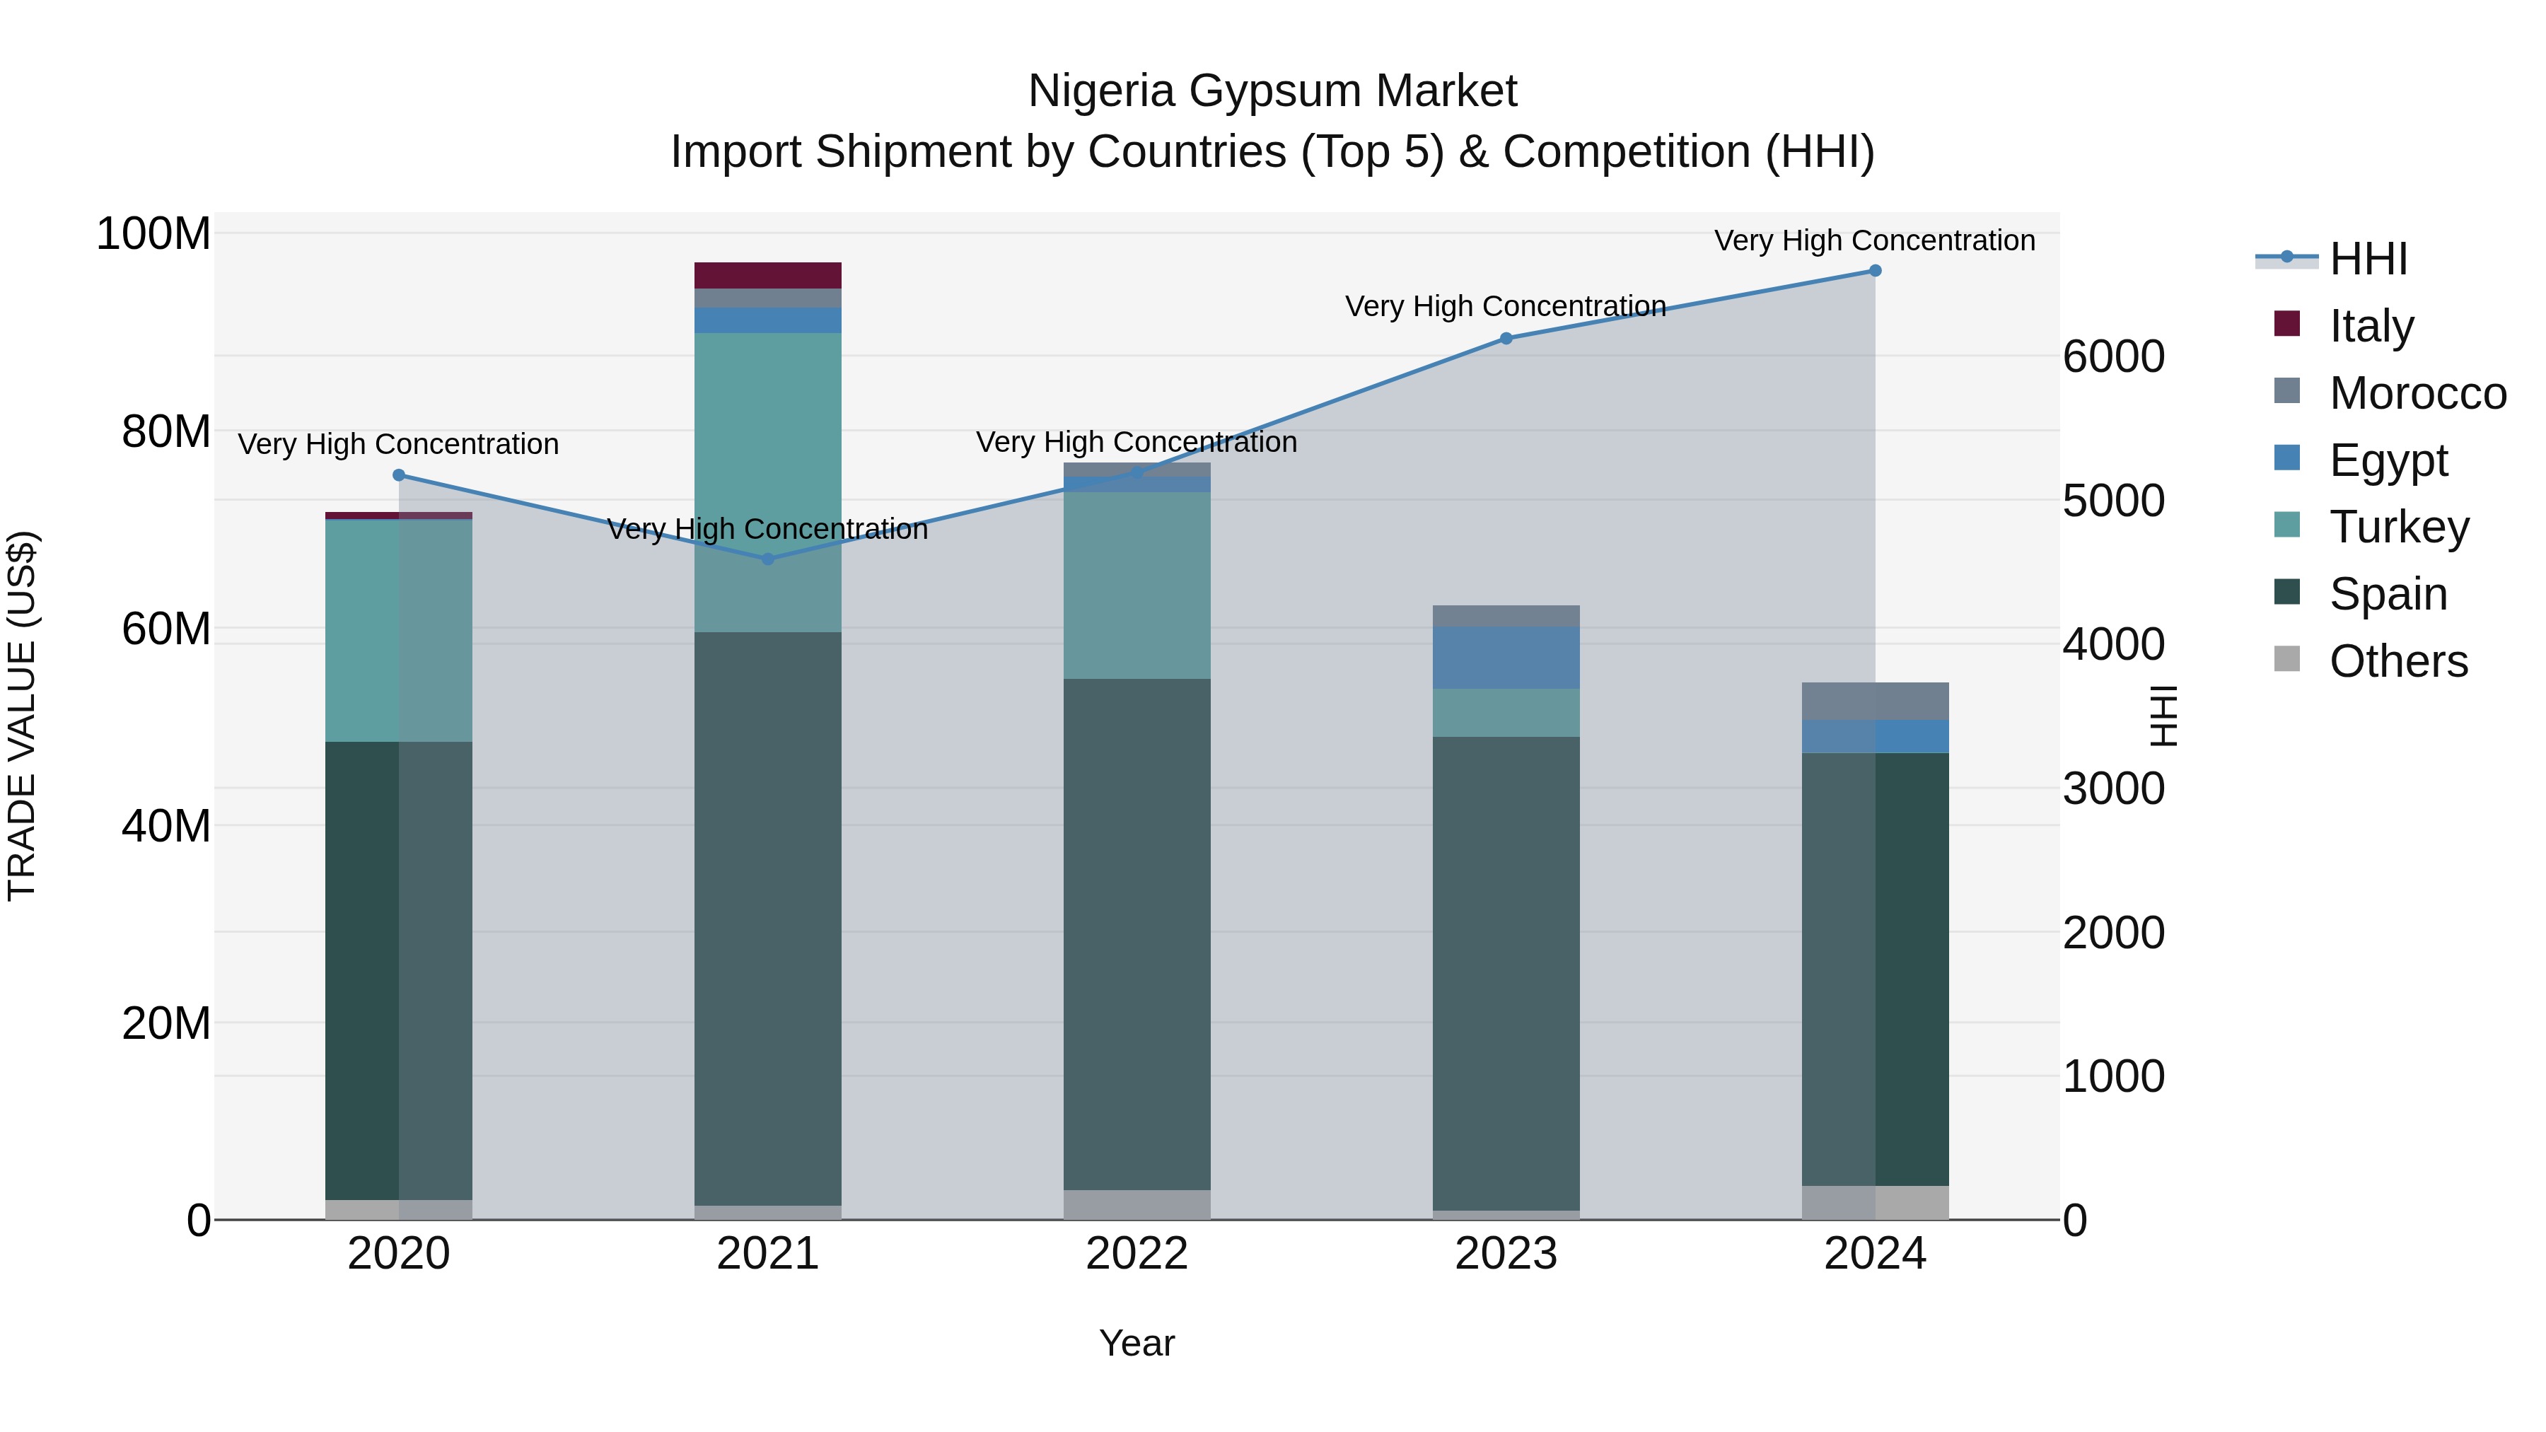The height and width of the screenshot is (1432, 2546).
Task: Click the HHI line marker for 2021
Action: pyautogui.click(x=768, y=559)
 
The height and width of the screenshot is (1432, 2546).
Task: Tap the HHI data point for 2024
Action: pyautogui.click(x=1875, y=271)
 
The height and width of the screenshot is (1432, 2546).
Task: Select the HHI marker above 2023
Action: pyautogui.click(x=1506, y=339)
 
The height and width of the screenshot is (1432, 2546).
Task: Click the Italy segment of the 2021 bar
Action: pyautogui.click(x=768, y=276)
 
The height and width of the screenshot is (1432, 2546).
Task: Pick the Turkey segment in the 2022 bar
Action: pyautogui.click(x=1137, y=585)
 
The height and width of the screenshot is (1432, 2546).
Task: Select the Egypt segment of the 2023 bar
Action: pyautogui.click(x=1506, y=657)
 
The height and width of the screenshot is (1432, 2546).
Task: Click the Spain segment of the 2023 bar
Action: pyautogui.click(x=1506, y=974)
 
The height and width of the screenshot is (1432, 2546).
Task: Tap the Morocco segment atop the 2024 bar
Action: pyautogui.click(x=1875, y=701)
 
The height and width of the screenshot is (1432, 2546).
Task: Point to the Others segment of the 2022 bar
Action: pyautogui.click(x=1137, y=1205)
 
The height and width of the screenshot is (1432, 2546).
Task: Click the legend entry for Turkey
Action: pyautogui.click(x=2399, y=527)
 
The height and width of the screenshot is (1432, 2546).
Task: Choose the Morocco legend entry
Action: pyautogui.click(x=2417, y=393)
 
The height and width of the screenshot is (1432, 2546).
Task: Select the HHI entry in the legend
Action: pyautogui.click(x=2368, y=259)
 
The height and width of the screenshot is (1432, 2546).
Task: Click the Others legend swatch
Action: pyautogui.click(x=2287, y=659)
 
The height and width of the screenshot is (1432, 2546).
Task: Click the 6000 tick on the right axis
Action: pyautogui.click(x=2113, y=357)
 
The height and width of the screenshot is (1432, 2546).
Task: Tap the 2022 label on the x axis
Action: pyautogui.click(x=1137, y=1254)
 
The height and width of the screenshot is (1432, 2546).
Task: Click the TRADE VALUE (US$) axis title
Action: pyautogui.click(x=22, y=716)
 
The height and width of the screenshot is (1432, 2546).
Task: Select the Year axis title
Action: pyautogui.click(x=1137, y=1343)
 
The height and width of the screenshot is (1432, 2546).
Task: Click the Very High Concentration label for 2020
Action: pyautogui.click(x=398, y=445)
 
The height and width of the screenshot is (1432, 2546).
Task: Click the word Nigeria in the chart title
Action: pyautogui.click(x=1099, y=91)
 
